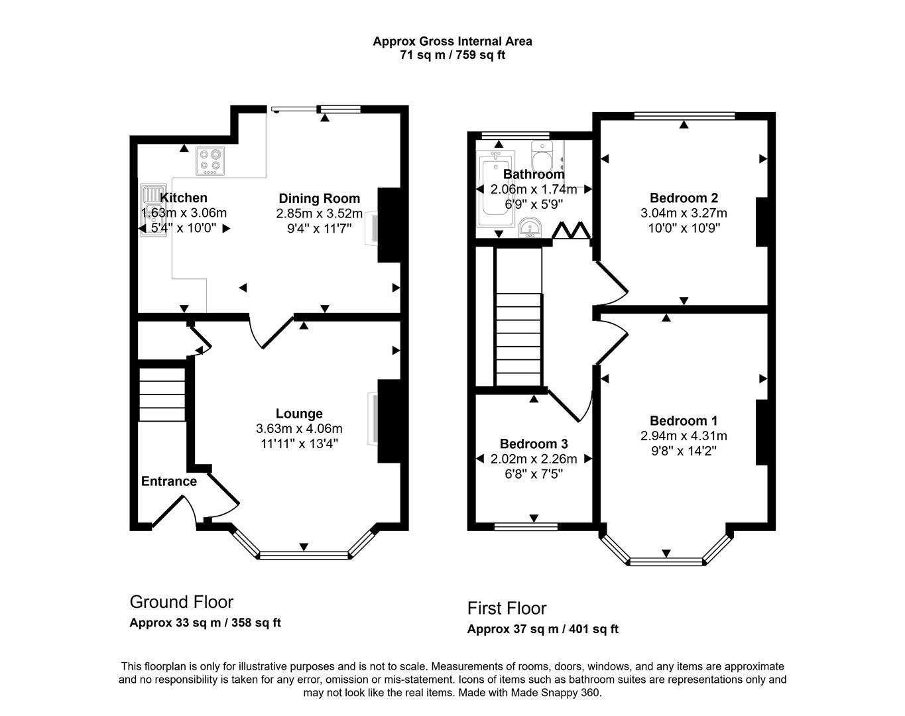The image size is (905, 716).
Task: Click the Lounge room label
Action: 299,414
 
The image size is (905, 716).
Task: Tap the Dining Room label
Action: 319,198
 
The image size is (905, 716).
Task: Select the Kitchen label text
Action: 184,198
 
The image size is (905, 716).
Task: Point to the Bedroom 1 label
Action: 684,420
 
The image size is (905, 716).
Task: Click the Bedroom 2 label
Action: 684,198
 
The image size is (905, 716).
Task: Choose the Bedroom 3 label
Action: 534,444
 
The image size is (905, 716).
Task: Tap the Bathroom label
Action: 534,174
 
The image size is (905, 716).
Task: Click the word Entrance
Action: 169,481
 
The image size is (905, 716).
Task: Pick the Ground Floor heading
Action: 181,602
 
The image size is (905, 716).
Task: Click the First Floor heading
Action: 507,608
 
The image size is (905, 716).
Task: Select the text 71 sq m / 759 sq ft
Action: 452,55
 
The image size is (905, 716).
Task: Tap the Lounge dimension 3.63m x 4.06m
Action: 299,428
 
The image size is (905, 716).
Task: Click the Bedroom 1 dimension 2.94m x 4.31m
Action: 684,436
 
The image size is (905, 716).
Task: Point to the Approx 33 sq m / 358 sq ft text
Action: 205,623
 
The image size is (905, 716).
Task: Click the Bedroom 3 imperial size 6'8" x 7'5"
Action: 534,474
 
